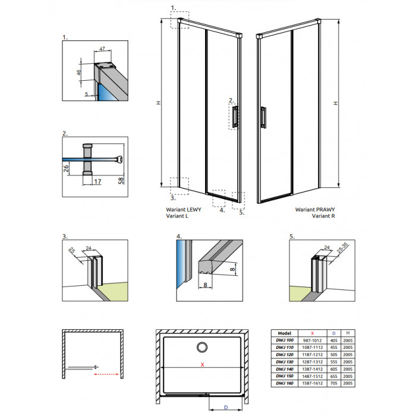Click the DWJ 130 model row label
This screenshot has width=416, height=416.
pyautogui.click(x=283, y=361)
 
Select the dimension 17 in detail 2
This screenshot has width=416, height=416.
pyautogui.click(x=97, y=181)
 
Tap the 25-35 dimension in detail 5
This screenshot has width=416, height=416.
pyautogui.click(x=342, y=246)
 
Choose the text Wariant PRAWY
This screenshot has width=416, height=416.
pyautogui.click(x=312, y=210)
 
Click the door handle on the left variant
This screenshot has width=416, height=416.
pyautogui.click(x=236, y=116)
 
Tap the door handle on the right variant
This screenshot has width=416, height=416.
pyautogui.click(x=263, y=116)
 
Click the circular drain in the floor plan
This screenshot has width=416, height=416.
pyautogui.click(x=202, y=348)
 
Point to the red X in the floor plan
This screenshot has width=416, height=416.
pyautogui.click(x=203, y=365)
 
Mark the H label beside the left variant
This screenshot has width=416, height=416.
pyautogui.click(x=158, y=103)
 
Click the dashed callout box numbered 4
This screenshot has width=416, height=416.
pyautogui.click(x=219, y=197)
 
